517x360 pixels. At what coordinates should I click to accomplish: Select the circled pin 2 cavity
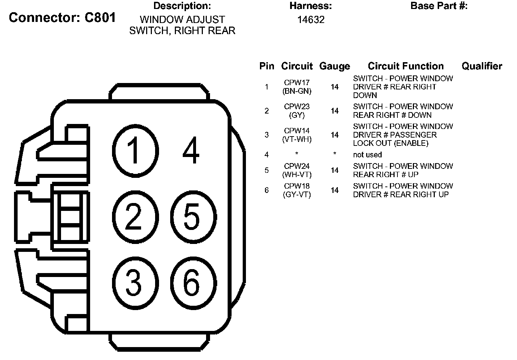coord(135,216)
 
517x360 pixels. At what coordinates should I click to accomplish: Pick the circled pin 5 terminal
coord(193,217)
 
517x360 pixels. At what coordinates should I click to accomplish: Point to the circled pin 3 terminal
coord(135,283)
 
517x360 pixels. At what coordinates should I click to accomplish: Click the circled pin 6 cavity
coord(193,283)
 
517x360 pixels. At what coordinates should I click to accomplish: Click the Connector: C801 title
coord(62,17)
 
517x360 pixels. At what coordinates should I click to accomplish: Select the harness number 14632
coord(311,20)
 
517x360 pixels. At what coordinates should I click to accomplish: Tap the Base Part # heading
coord(439,6)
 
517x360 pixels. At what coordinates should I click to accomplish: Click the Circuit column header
coord(297,66)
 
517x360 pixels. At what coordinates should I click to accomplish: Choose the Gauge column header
coord(335,66)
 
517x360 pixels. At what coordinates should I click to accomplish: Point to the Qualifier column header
coord(482,66)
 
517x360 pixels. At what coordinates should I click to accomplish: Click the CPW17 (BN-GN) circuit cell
coord(297,87)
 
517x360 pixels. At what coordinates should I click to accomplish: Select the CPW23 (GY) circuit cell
coord(297,111)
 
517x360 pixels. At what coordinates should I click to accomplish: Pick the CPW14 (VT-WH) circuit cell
coord(297,135)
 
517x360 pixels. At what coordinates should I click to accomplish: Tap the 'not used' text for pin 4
coord(367,154)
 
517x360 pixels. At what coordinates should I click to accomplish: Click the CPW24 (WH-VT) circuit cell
coord(297,170)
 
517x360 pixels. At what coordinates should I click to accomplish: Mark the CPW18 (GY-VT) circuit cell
coord(297,190)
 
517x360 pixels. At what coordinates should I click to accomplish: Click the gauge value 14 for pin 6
coord(335,190)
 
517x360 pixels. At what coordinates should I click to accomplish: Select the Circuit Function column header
coord(406,66)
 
